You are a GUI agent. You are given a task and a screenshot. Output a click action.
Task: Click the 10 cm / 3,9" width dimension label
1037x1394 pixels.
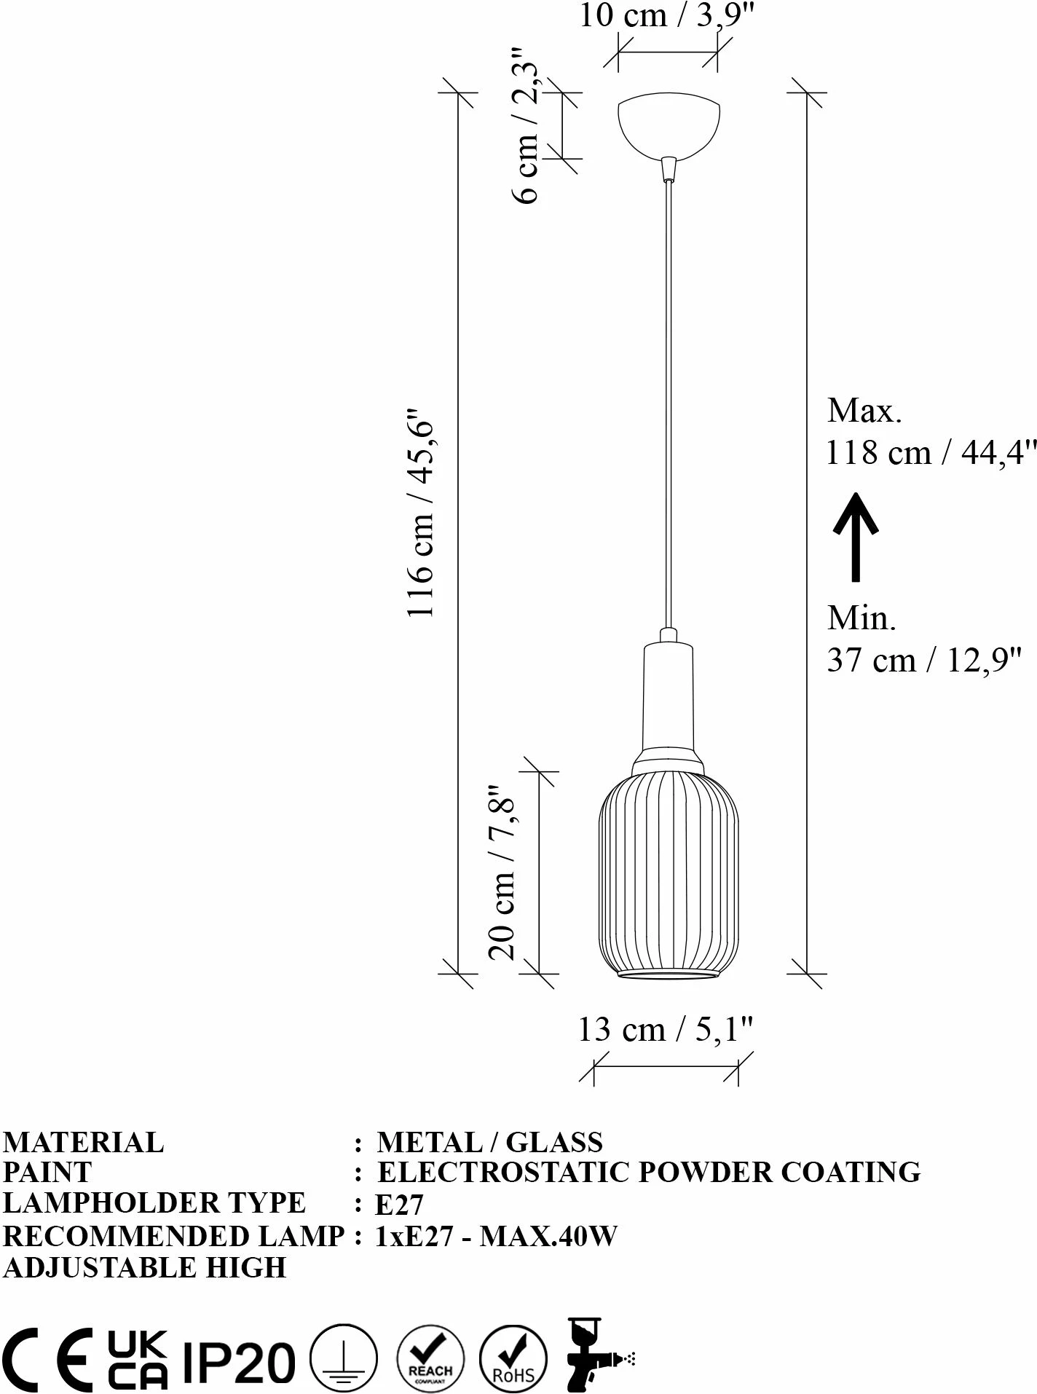click(664, 15)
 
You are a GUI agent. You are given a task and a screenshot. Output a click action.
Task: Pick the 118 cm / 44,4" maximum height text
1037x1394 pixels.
click(931, 453)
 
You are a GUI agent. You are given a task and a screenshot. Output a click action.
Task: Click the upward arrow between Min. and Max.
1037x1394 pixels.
click(856, 537)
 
